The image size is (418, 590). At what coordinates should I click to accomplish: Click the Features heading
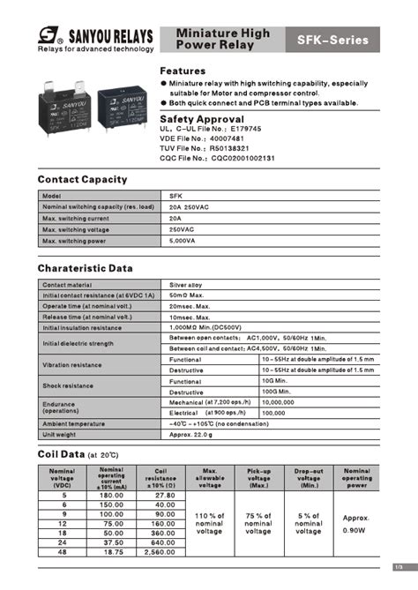click(x=183, y=71)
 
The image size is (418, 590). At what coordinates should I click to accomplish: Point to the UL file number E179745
click(x=264, y=129)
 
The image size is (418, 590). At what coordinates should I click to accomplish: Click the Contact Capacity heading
click(x=82, y=180)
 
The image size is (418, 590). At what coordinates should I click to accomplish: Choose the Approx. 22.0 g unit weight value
click(x=193, y=434)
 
